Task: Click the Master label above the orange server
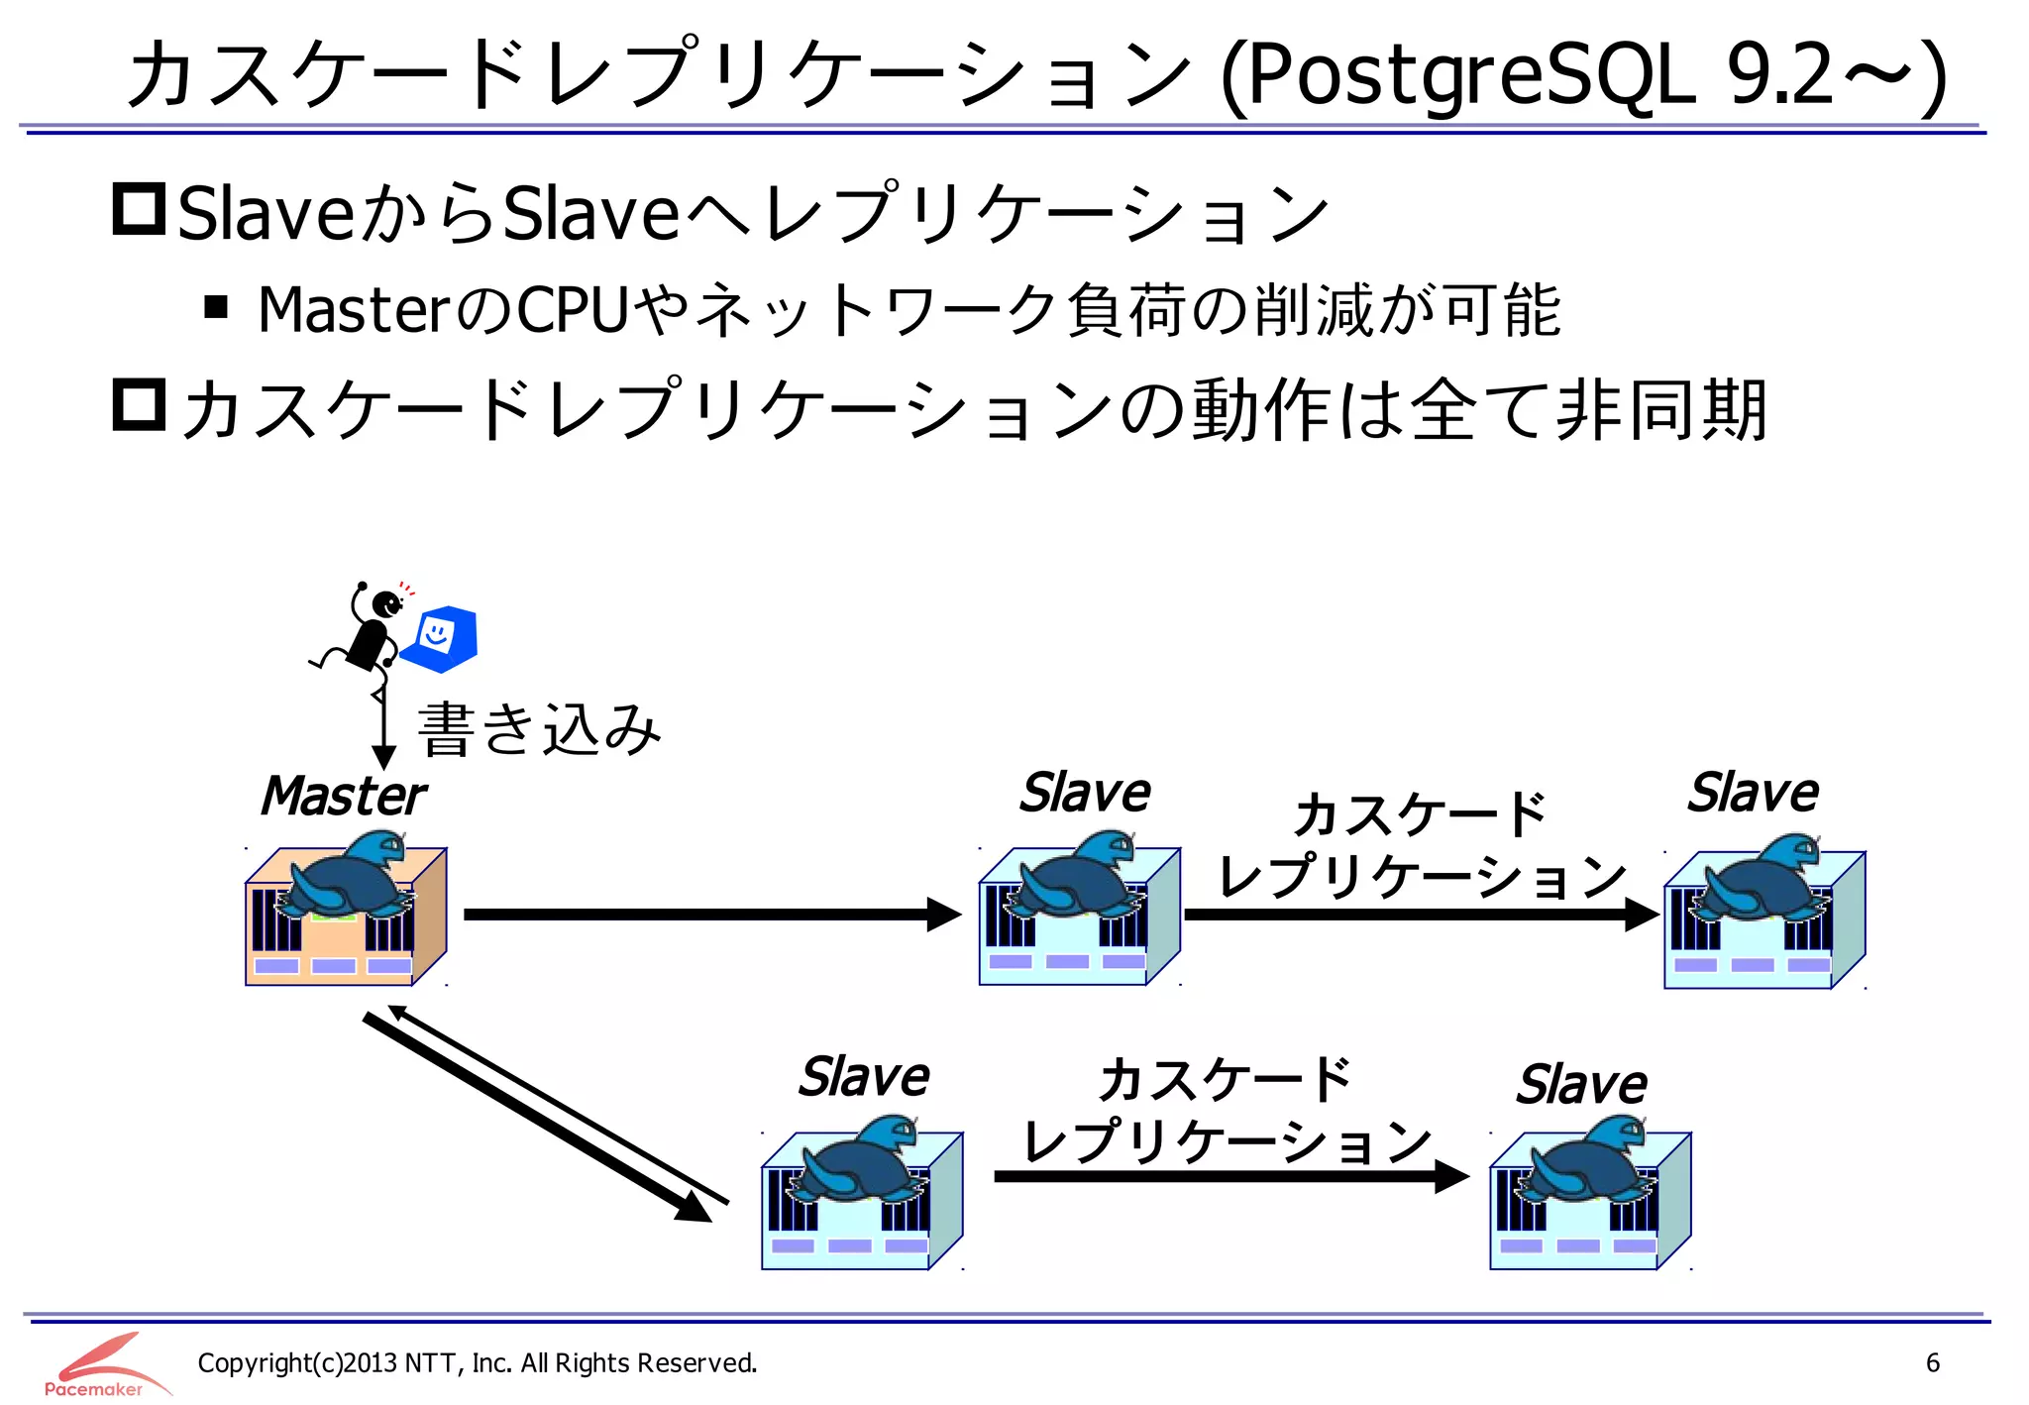[343, 797]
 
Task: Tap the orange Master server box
[345, 917]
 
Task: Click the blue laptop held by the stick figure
[441, 637]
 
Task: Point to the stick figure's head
[384, 601]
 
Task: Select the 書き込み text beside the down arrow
[539, 730]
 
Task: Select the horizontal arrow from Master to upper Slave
[710, 914]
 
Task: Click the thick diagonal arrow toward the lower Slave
[535, 1117]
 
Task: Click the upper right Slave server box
[1763, 919]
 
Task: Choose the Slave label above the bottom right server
[1581, 1085]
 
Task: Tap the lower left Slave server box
[861, 1200]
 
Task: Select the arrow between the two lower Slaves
[1229, 1176]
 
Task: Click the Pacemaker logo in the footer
[99, 1365]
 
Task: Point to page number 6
[1932, 1362]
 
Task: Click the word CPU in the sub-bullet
[573, 310]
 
